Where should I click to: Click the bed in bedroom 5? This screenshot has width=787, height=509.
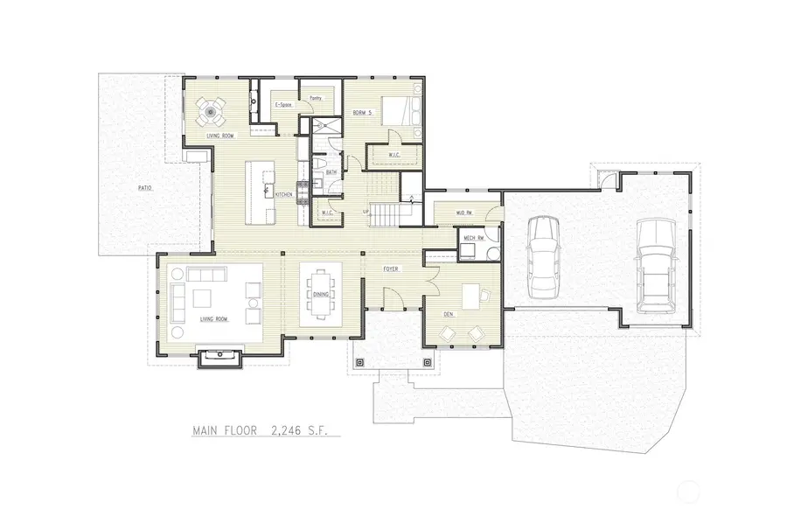pos(401,111)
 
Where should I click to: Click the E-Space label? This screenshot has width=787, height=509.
pos(282,106)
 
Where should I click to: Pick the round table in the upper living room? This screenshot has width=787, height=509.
pos(210,111)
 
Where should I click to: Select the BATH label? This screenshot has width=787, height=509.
pos(331,172)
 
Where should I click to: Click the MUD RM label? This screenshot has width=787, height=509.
pos(463,213)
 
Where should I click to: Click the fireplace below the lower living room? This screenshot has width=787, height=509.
pos(213,357)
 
